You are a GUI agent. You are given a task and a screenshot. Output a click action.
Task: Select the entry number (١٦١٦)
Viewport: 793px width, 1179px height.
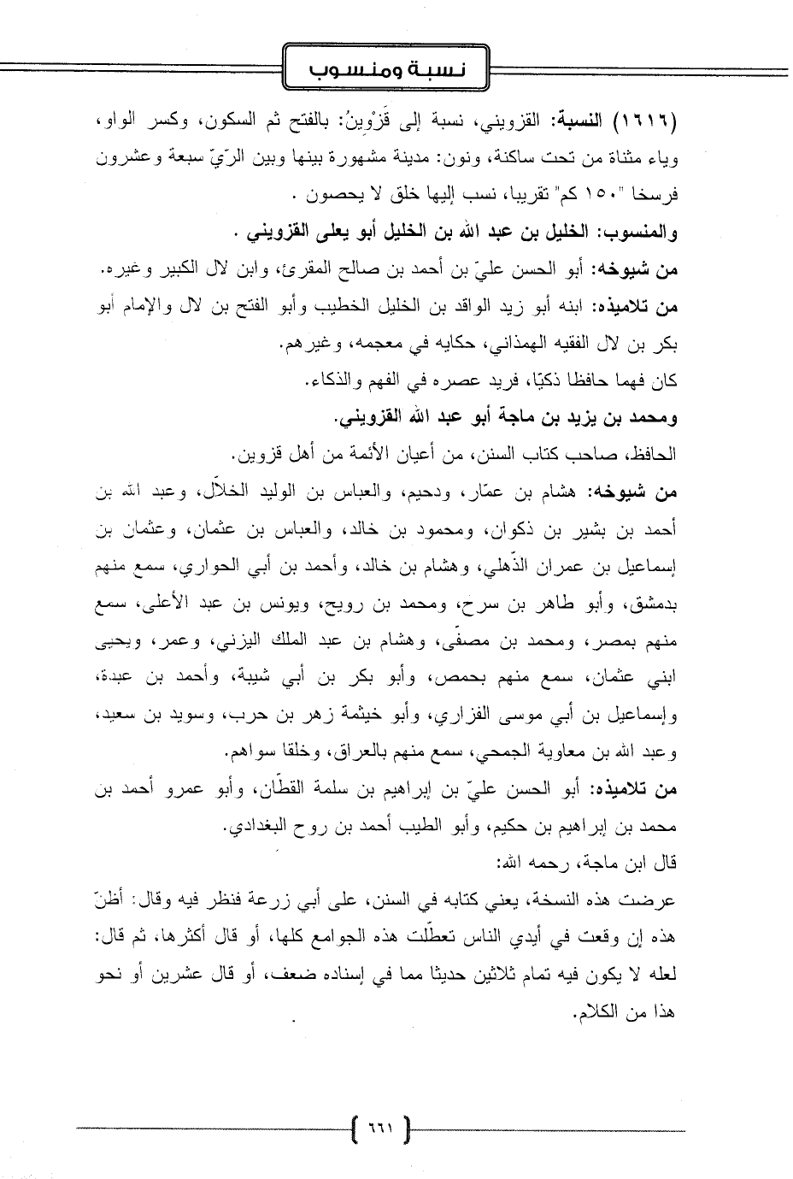[x=641, y=122]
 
